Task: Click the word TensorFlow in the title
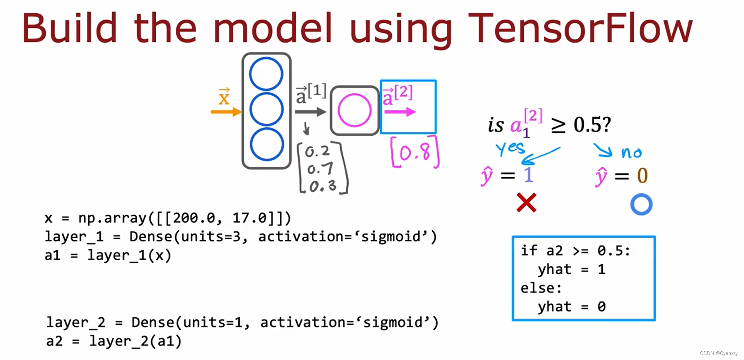[x=580, y=28]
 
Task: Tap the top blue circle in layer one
[x=266, y=74]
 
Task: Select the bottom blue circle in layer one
[x=267, y=144]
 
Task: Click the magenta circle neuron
[x=354, y=110]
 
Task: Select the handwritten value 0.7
[x=320, y=169]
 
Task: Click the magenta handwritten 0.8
[x=415, y=153]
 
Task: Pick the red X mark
[x=526, y=203]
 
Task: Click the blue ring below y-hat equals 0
[x=641, y=204]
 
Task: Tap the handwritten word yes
[x=510, y=148]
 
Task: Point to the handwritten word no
[x=631, y=153]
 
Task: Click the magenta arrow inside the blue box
[x=400, y=112]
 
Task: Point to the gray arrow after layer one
[x=310, y=112]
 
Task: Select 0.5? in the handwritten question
[x=592, y=124]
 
